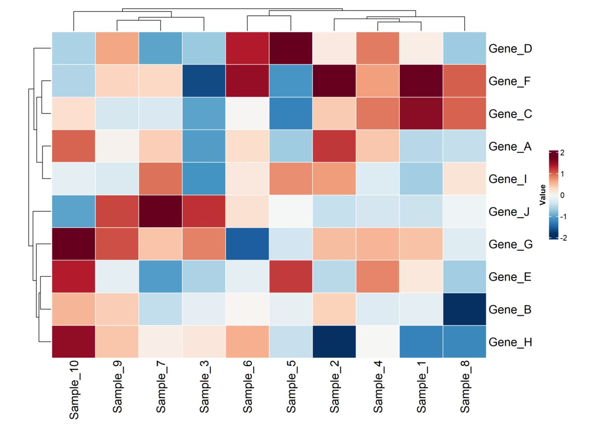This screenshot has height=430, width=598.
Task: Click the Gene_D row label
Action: [510, 49]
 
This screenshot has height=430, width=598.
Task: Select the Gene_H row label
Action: [510, 342]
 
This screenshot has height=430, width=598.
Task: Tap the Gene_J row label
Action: [509, 212]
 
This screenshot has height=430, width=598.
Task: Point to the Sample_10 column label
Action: [74, 390]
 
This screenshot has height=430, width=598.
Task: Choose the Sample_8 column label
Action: [465, 387]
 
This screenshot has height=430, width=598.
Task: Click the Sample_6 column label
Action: [248, 387]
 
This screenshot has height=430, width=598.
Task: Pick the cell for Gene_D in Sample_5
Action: [291, 48]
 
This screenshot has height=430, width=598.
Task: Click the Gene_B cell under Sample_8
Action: [465, 309]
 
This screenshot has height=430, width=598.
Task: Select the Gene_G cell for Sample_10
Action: [74, 244]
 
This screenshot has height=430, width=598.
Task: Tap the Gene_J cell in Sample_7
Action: [161, 211]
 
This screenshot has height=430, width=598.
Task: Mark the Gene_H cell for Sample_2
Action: [334, 342]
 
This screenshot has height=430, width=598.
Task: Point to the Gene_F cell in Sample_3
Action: [204, 81]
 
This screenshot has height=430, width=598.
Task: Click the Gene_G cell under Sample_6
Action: [248, 244]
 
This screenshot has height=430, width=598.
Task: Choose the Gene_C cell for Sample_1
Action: [421, 114]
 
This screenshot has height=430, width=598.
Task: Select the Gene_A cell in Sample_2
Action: [334, 146]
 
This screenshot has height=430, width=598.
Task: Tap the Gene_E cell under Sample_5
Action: [291, 277]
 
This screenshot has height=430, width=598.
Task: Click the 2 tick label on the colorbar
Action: [562, 153]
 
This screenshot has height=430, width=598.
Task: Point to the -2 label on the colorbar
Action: [563, 238]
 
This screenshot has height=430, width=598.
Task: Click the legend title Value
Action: [543, 195]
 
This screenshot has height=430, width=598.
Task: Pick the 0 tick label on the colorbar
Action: [562, 195]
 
